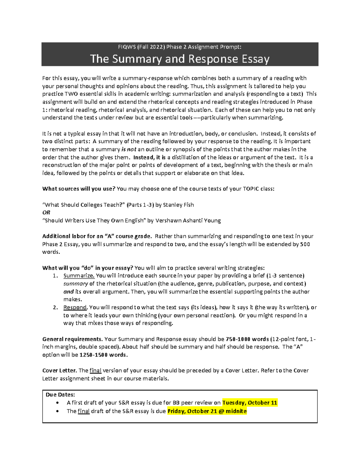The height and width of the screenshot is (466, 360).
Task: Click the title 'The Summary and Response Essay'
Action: (180, 59)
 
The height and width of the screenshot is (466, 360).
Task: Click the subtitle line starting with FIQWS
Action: (180, 47)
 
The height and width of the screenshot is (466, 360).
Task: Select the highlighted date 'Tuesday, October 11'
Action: (250, 403)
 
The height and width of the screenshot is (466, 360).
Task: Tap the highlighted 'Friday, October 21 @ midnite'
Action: (207, 411)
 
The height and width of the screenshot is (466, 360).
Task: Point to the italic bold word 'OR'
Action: (46, 212)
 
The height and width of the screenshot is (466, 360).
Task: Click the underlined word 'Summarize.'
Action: (79, 276)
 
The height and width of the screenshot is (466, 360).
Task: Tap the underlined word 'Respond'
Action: (75, 307)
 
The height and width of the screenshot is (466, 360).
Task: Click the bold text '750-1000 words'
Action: (247, 339)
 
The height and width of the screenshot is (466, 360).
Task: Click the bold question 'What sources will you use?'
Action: (79, 189)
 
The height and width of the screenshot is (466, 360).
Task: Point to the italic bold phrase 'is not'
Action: (129, 149)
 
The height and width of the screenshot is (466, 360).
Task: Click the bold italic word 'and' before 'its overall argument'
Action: (68, 292)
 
